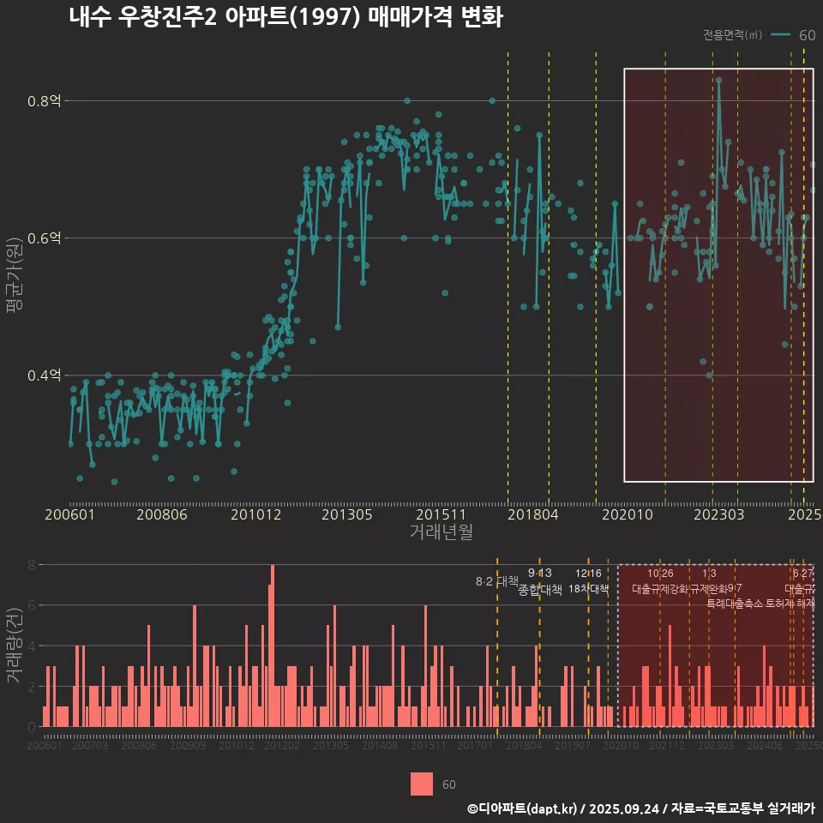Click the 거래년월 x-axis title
[441, 532]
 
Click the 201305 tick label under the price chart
[347, 515]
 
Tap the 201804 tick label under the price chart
[532, 515]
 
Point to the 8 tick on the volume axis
[32, 565]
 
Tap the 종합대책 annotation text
[540, 590]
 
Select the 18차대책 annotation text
[588, 589]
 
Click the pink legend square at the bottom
[422, 784]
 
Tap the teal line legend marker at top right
[780, 35]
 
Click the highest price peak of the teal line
[718, 80]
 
